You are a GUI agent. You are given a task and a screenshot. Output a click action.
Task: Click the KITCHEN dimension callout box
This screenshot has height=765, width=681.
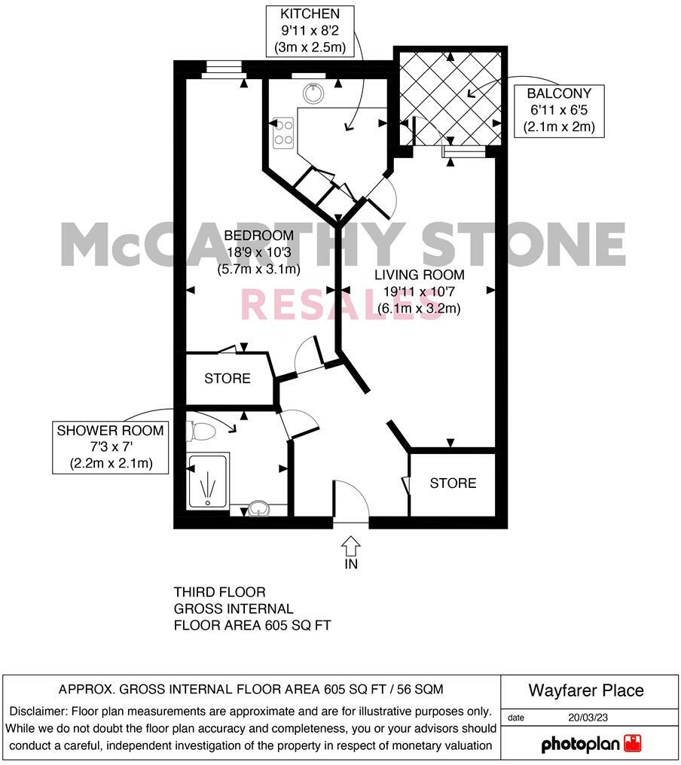coord(308,30)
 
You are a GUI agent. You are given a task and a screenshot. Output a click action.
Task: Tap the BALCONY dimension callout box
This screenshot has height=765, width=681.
coord(559,111)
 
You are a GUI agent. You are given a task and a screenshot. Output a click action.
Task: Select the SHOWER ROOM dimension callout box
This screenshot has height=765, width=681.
coord(111,447)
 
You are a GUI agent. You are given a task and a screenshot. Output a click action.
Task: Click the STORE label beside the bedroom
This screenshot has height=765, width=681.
coord(228,379)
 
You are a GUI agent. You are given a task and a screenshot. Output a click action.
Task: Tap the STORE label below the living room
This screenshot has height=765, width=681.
coord(453,483)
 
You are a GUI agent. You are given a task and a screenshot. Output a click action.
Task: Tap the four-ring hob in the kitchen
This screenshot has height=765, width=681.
coord(284,133)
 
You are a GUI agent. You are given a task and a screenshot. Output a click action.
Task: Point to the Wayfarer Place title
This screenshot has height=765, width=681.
coord(586,690)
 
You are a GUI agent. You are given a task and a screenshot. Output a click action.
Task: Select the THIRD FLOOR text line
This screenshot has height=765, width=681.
coord(220,593)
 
